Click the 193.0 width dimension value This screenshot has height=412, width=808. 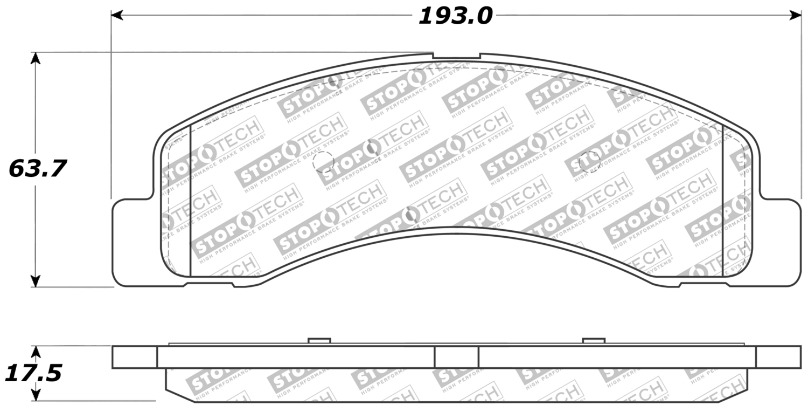[x=455, y=17]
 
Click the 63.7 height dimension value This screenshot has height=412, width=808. [x=38, y=169]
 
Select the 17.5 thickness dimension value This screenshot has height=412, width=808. [x=33, y=373]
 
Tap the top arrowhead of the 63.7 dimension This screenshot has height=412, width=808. [x=35, y=58]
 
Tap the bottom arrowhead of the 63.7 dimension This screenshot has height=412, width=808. [x=35, y=281]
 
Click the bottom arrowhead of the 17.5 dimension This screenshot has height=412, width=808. [x=35, y=394]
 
